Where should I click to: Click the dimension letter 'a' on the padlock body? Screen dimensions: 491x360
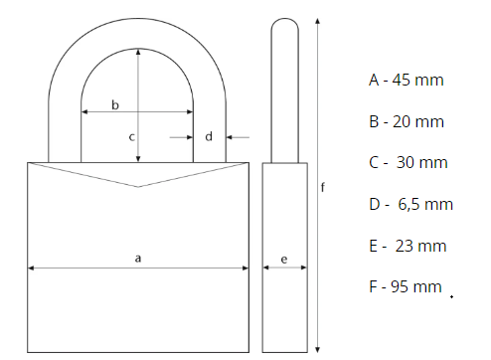click(x=138, y=259)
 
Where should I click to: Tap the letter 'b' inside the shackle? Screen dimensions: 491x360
click(x=115, y=104)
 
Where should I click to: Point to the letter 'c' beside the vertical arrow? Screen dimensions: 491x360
click(x=131, y=137)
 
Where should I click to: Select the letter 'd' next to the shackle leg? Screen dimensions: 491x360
click(x=209, y=136)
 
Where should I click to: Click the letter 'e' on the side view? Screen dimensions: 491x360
click(x=284, y=260)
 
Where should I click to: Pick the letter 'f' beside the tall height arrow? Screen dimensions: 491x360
click(x=323, y=187)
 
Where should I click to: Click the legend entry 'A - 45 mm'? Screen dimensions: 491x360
click(x=407, y=80)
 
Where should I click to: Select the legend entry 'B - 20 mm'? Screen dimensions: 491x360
click(x=407, y=121)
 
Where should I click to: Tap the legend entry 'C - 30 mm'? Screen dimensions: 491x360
click(x=409, y=162)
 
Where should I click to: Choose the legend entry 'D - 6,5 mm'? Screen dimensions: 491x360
click(x=410, y=204)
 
